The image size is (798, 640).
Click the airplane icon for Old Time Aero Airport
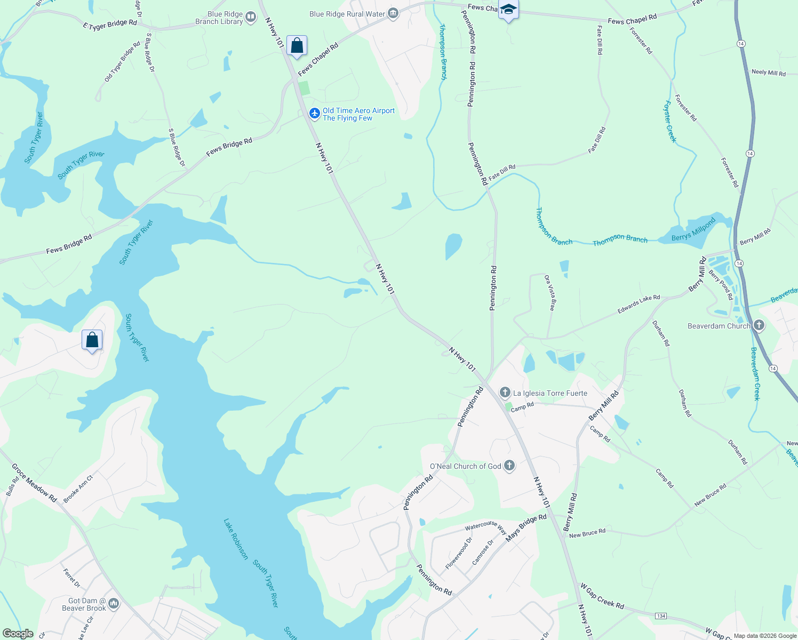[x=315, y=113]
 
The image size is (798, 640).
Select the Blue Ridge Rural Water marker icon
[x=393, y=13]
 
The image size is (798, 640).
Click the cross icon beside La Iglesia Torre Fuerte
[x=505, y=393]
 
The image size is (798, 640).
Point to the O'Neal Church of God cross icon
[x=509, y=466]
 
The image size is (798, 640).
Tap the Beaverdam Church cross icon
[x=759, y=325]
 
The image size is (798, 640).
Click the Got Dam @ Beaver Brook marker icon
[x=114, y=604]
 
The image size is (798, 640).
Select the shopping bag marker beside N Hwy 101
[x=297, y=46]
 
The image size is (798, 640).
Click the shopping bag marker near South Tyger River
[x=92, y=340]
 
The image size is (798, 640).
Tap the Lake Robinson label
[x=236, y=539]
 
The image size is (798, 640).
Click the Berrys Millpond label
[x=693, y=230]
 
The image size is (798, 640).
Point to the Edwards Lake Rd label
[x=639, y=305]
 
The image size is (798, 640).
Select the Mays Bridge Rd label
[x=526, y=528]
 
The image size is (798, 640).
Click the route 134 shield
[x=661, y=616]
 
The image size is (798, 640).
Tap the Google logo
[x=18, y=634]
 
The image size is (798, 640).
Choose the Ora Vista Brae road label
[x=550, y=293]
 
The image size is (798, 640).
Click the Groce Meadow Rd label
[x=34, y=483]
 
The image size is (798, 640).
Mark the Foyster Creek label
[x=671, y=122]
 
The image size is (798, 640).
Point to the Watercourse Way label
[x=485, y=527]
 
